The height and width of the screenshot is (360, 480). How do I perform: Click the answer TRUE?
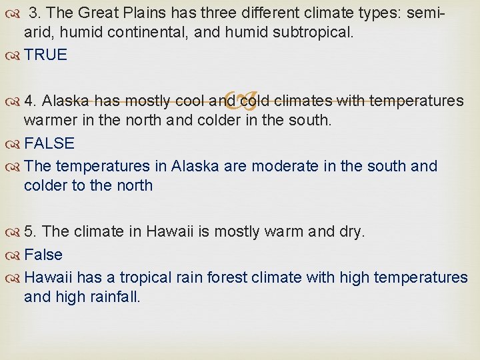[x=45, y=55]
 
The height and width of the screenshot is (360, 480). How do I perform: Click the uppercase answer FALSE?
[x=49, y=143]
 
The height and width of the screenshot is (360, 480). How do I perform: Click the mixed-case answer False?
[x=43, y=255]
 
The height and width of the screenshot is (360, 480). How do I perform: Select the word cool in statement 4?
[x=188, y=101]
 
